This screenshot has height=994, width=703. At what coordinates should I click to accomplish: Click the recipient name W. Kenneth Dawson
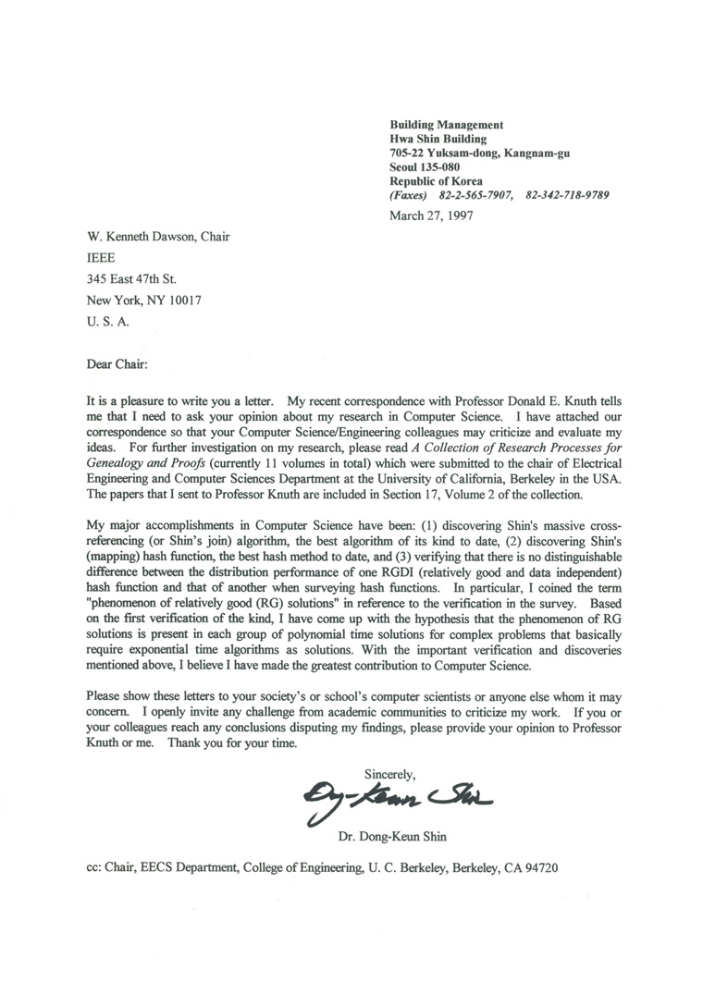(142, 237)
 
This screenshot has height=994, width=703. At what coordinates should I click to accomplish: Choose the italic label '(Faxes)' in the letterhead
(409, 196)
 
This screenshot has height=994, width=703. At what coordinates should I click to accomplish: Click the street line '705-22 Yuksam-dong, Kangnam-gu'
(480, 153)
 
